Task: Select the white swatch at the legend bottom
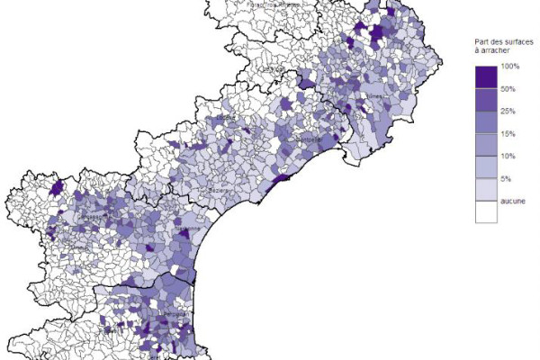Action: (x=487, y=212)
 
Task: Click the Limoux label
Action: (x=78, y=247)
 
